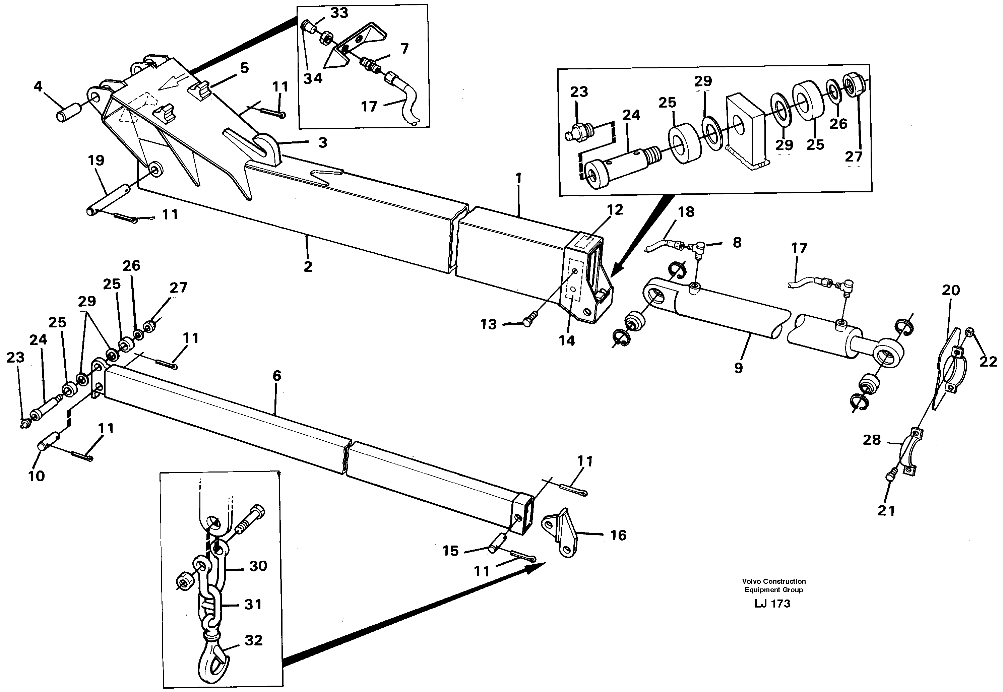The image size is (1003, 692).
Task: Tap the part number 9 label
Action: (739, 368)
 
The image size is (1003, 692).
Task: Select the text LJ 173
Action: (772, 604)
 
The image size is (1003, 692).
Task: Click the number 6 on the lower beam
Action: (277, 376)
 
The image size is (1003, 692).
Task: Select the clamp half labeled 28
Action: (910, 455)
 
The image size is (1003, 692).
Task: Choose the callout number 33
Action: (339, 13)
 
